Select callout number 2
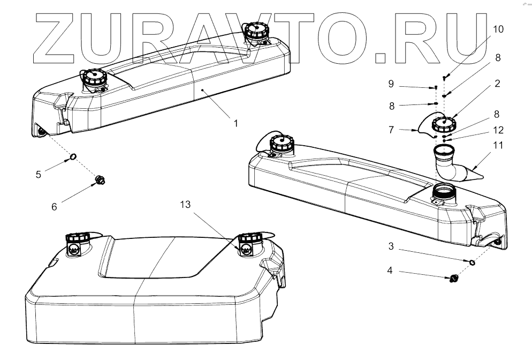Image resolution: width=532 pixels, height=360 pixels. [497, 84]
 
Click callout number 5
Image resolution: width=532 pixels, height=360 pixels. [39, 175]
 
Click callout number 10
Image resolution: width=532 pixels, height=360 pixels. [497, 29]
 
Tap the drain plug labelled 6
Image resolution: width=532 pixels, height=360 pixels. [100, 180]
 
